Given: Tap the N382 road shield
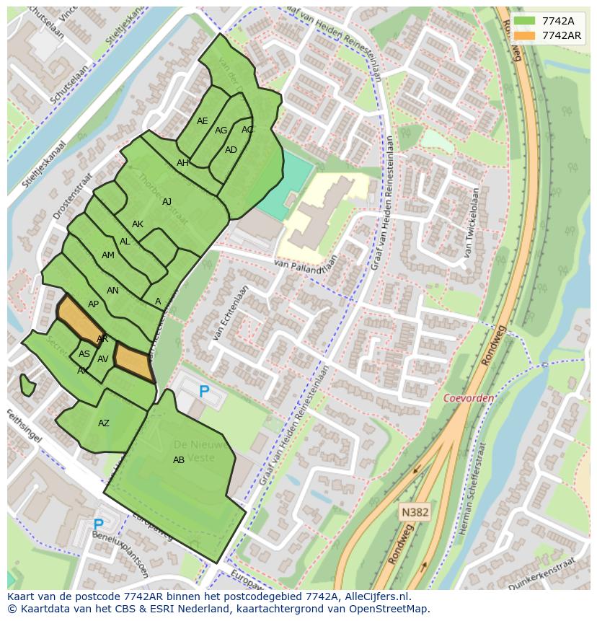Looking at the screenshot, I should click(x=415, y=512).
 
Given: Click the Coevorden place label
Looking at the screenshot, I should click(x=469, y=398).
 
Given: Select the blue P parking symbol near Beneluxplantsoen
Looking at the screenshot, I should click(x=98, y=525).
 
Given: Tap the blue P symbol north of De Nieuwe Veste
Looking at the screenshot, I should click(x=204, y=392).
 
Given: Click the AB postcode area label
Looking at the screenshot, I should click(x=179, y=460).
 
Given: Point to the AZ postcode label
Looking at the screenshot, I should click(x=104, y=423).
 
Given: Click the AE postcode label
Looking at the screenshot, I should click(x=203, y=121).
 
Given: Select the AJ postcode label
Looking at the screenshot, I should click(x=167, y=202).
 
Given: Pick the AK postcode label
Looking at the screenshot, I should click(x=138, y=224).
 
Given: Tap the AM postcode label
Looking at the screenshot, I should click(x=108, y=255).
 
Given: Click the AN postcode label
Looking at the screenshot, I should click(x=112, y=291).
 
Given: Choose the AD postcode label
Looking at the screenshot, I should click(x=231, y=150).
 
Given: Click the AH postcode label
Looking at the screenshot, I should click(x=182, y=163).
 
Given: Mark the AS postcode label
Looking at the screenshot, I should click(x=84, y=354).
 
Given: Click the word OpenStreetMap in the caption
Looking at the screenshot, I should click(x=389, y=609).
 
